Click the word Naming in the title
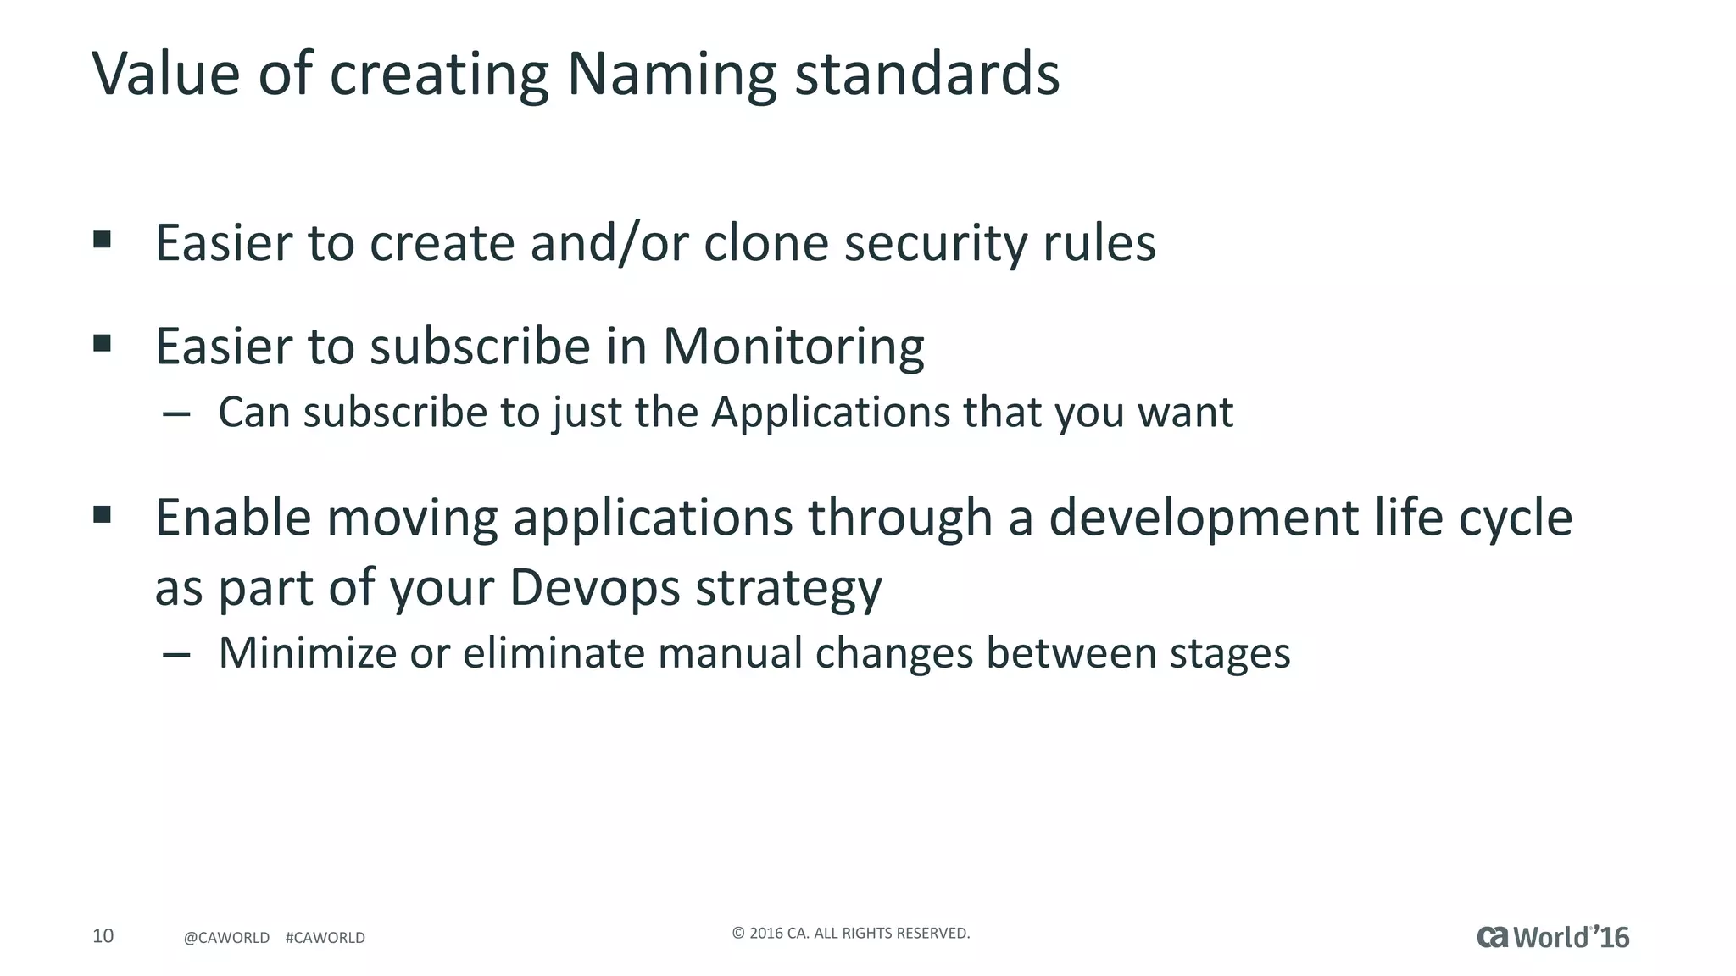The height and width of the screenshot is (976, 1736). (670, 75)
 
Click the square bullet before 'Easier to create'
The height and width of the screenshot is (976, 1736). (103, 240)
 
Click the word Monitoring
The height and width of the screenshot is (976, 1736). (793, 347)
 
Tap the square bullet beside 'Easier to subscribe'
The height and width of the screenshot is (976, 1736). (103, 343)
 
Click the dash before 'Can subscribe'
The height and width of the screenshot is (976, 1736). (175, 414)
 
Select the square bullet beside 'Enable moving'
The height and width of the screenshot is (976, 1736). (103, 514)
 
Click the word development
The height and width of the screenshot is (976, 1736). (1203, 518)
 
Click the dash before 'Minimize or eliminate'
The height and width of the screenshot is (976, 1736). (175, 654)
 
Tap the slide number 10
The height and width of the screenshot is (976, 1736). (103, 935)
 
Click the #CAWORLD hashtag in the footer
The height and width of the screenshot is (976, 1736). (325, 938)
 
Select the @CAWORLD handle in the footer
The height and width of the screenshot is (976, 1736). (226, 938)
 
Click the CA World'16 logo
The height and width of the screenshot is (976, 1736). (1553, 937)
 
